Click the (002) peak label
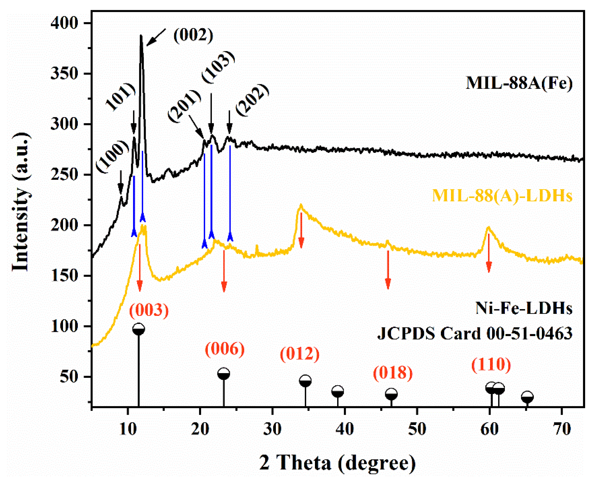pyautogui.click(x=193, y=36)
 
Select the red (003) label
pyautogui.click(x=149, y=310)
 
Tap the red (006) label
pyautogui.click(x=225, y=349)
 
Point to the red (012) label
pyautogui.click(x=299, y=354)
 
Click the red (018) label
pyautogui.click(x=392, y=373)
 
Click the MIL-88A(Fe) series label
pyautogui.click(x=519, y=83)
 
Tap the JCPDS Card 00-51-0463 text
pyautogui.click(x=475, y=333)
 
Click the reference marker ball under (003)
pyautogui.click(x=139, y=329)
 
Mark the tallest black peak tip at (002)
pyautogui.click(x=141, y=36)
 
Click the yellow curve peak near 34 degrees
pyautogui.click(x=301, y=206)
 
